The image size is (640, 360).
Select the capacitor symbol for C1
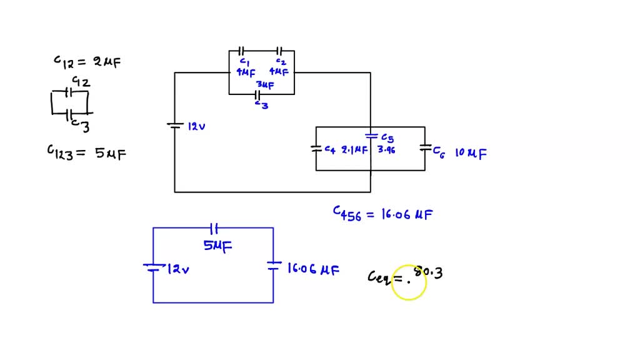(x=241, y=51)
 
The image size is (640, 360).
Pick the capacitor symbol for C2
(x=279, y=51)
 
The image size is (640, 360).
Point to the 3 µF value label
(x=265, y=84)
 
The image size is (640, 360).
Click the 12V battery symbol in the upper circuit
(x=174, y=126)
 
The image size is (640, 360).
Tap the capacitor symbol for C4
(x=316, y=149)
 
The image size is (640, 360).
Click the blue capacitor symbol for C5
(x=371, y=135)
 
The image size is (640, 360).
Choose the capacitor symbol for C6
(x=425, y=149)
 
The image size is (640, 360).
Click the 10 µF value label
(x=471, y=152)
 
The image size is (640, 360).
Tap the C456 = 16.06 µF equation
(x=382, y=214)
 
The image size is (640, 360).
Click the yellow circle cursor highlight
(x=409, y=282)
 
